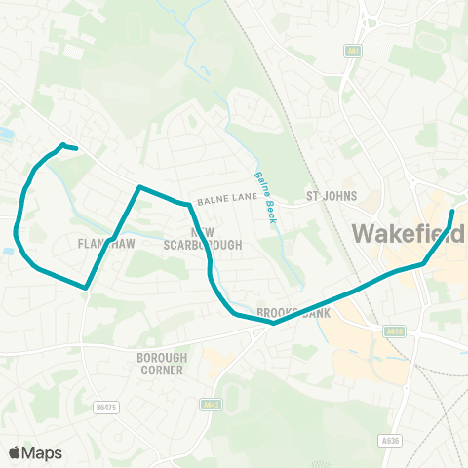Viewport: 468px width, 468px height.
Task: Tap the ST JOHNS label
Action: (x=327, y=196)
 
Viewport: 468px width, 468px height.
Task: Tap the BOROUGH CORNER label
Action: (x=161, y=364)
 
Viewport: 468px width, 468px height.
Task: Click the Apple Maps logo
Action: (x=35, y=452)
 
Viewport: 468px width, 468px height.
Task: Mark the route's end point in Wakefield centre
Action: (x=452, y=211)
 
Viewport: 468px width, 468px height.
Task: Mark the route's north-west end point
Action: (x=76, y=149)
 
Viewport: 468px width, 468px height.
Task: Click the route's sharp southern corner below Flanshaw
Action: (x=87, y=289)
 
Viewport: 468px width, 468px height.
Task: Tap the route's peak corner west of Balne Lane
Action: (x=139, y=186)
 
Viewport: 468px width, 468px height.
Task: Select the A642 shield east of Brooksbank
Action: (x=395, y=331)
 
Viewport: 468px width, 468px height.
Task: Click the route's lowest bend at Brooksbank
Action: (x=274, y=323)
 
